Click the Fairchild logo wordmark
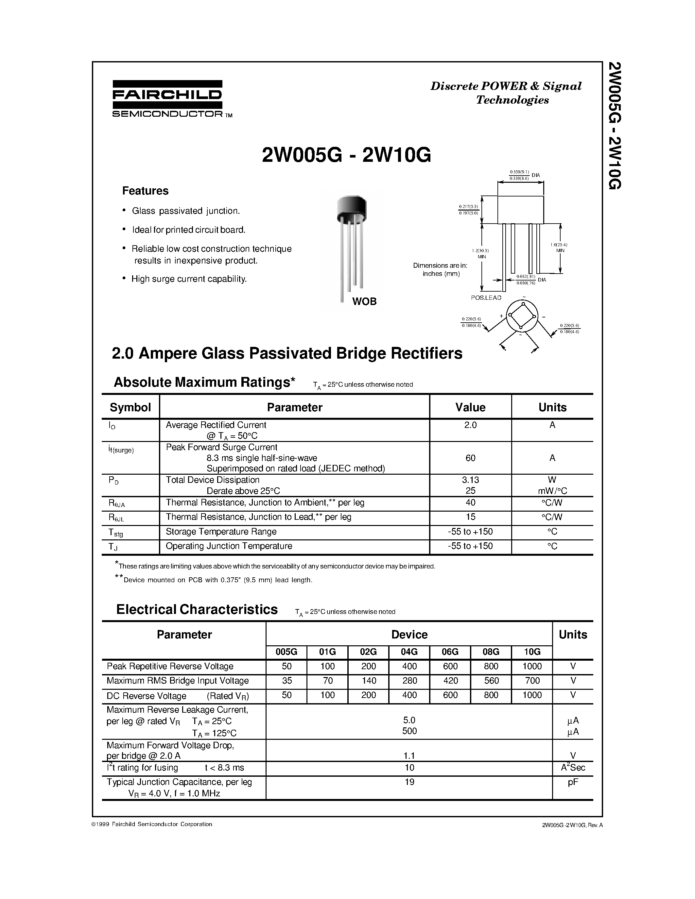[167, 95]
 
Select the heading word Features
[145, 191]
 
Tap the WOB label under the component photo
[364, 302]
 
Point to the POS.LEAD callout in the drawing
[486, 297]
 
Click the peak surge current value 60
[470, 458]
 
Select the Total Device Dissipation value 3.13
[470, 480]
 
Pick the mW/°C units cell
[552, 491]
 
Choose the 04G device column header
[409, 652]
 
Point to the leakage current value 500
[409, 731]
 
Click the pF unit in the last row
[573, 782]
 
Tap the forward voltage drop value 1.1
[409, 756]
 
